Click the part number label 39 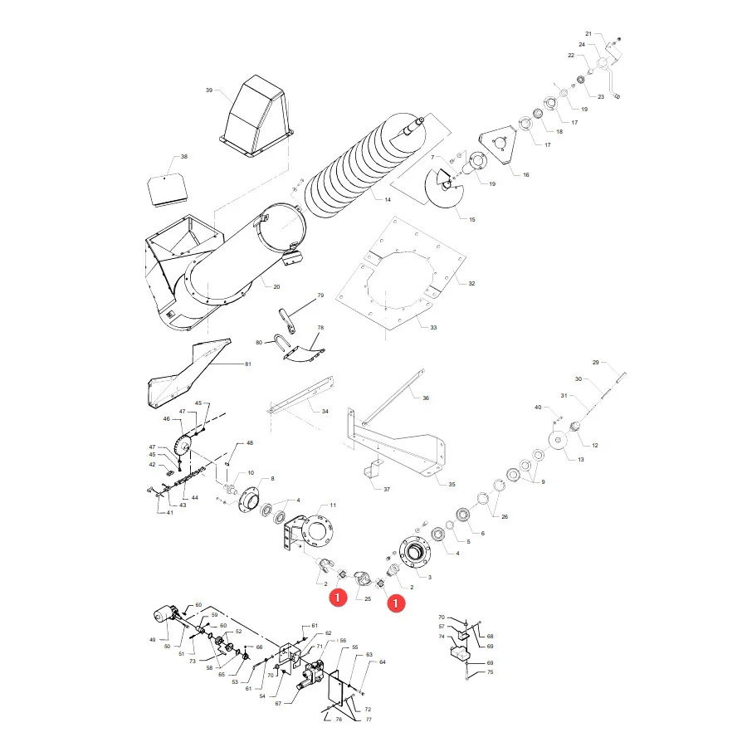(x=208, y=90)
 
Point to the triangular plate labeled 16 (x=498, y=145)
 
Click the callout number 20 (x=276, y=287)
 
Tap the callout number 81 (x=247, y=364)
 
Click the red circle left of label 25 (x=338, y=597)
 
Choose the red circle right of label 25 (x=395, y=603)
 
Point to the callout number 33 (x=433, y=327)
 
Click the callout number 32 (x=471, y=284)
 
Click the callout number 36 (x=426, y=398)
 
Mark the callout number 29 (x=595, y=362)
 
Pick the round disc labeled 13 (x=558, y=440)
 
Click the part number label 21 (x=588, y=34)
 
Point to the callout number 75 (x=491, y=672)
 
